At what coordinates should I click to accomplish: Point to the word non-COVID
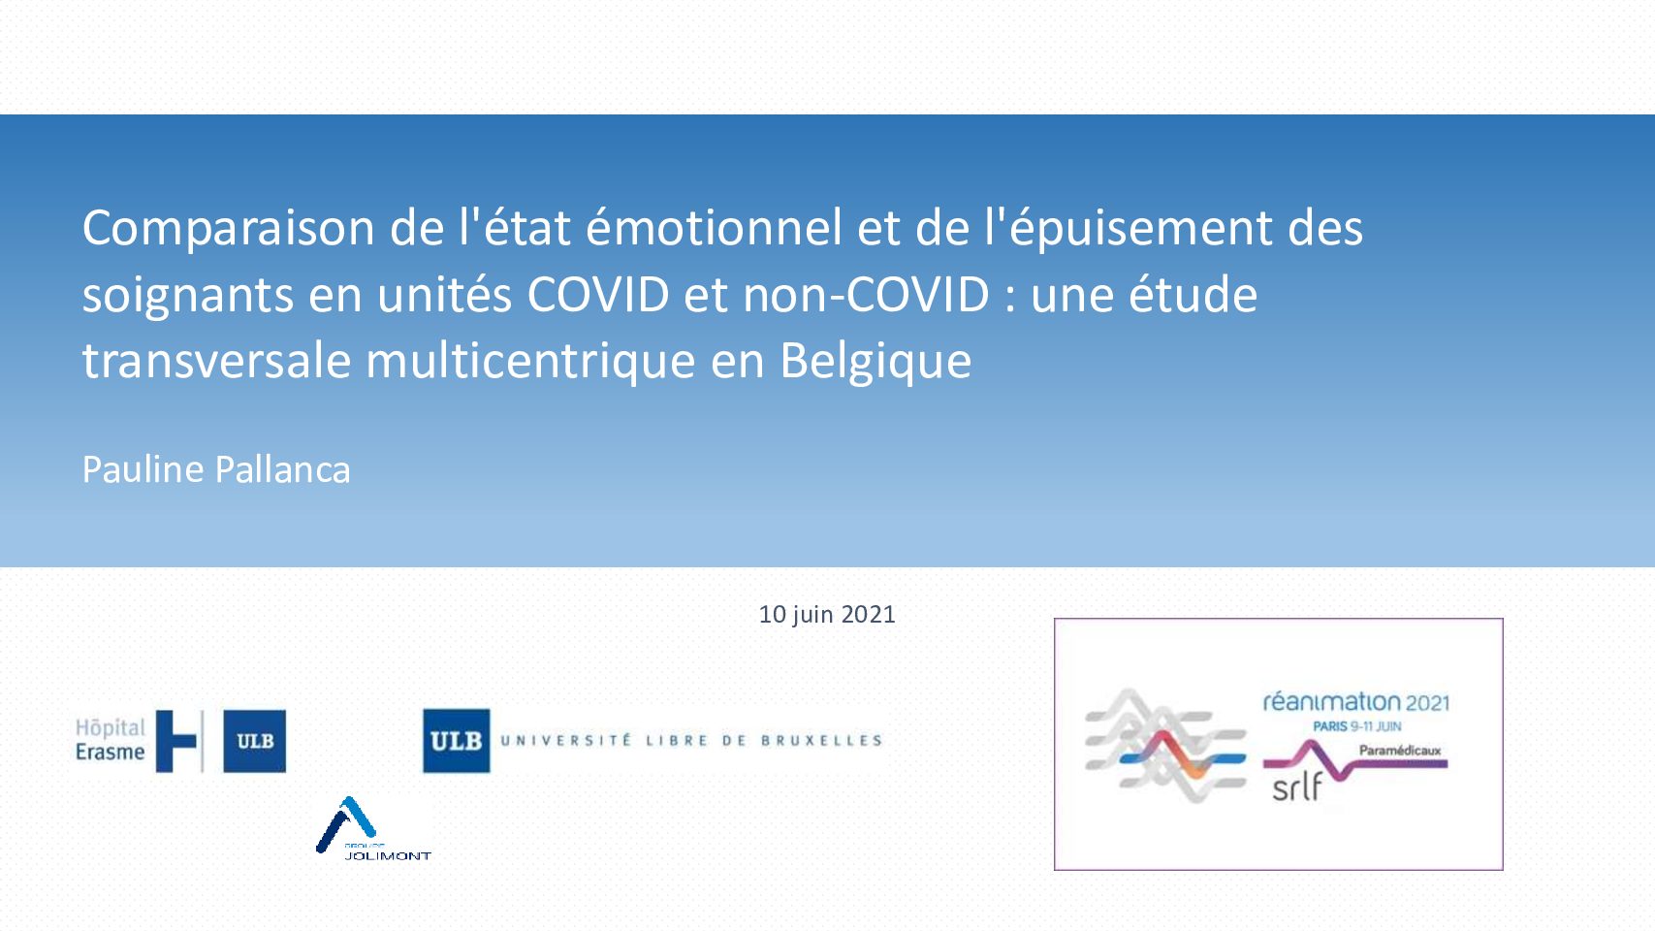[x=866, y=294]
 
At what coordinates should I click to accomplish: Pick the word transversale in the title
[x=216, y=362]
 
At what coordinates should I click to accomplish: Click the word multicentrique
[x=530, y=362]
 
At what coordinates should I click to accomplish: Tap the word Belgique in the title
[x=875, y=362]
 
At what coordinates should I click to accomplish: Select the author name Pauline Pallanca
[x=216, y=469]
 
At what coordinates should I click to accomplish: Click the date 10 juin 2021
[x=827, y=615]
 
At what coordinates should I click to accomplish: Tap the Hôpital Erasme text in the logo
[x=111, y=740]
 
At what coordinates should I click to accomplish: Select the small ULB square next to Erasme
[x=255, y=741]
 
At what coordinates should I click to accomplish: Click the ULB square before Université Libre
[x=456, y=740]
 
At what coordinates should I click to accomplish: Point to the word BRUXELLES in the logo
[x=822, y=740]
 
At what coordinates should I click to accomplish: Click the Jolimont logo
[x=373, y=829]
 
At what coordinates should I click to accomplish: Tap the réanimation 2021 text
[x=1355, y=702]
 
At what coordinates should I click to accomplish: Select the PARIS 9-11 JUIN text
[x=1357, y=726]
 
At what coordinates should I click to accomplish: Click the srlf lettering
[x=1297, y=787]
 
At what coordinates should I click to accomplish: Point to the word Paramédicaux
[x=1400, y=751]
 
